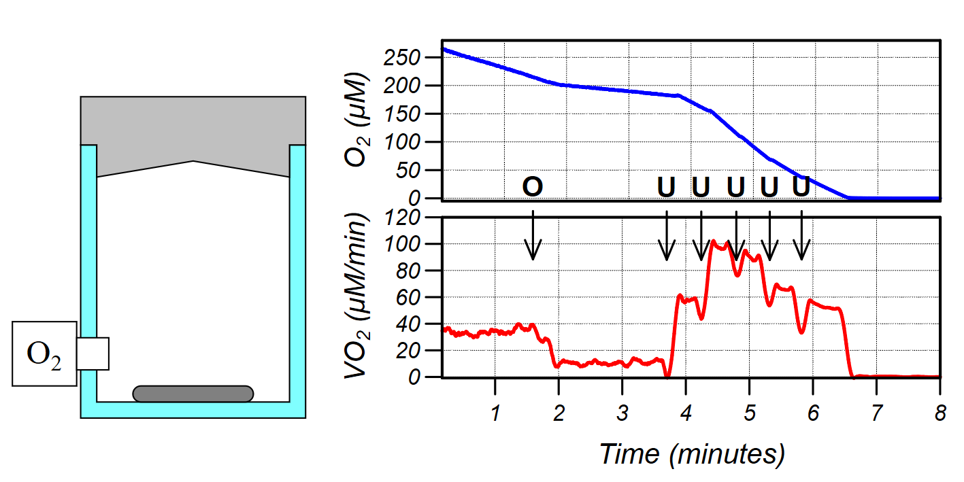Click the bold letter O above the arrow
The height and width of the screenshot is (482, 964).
point(533,187)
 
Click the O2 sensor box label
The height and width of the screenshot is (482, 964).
point(44,354)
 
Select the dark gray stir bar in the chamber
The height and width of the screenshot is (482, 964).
point(193,394)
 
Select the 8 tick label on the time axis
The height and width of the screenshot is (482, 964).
point(940,414)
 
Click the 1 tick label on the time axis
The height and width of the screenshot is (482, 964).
point(495,414)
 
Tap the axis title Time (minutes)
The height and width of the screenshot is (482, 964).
point(692,453)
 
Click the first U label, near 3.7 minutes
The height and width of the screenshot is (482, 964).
point(667,187)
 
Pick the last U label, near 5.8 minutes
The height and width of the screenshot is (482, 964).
point(802,186)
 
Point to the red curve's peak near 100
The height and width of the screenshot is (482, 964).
point(713,241)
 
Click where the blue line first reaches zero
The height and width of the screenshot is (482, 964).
point(848,197)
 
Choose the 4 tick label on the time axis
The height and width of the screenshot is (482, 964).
point(686,414)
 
